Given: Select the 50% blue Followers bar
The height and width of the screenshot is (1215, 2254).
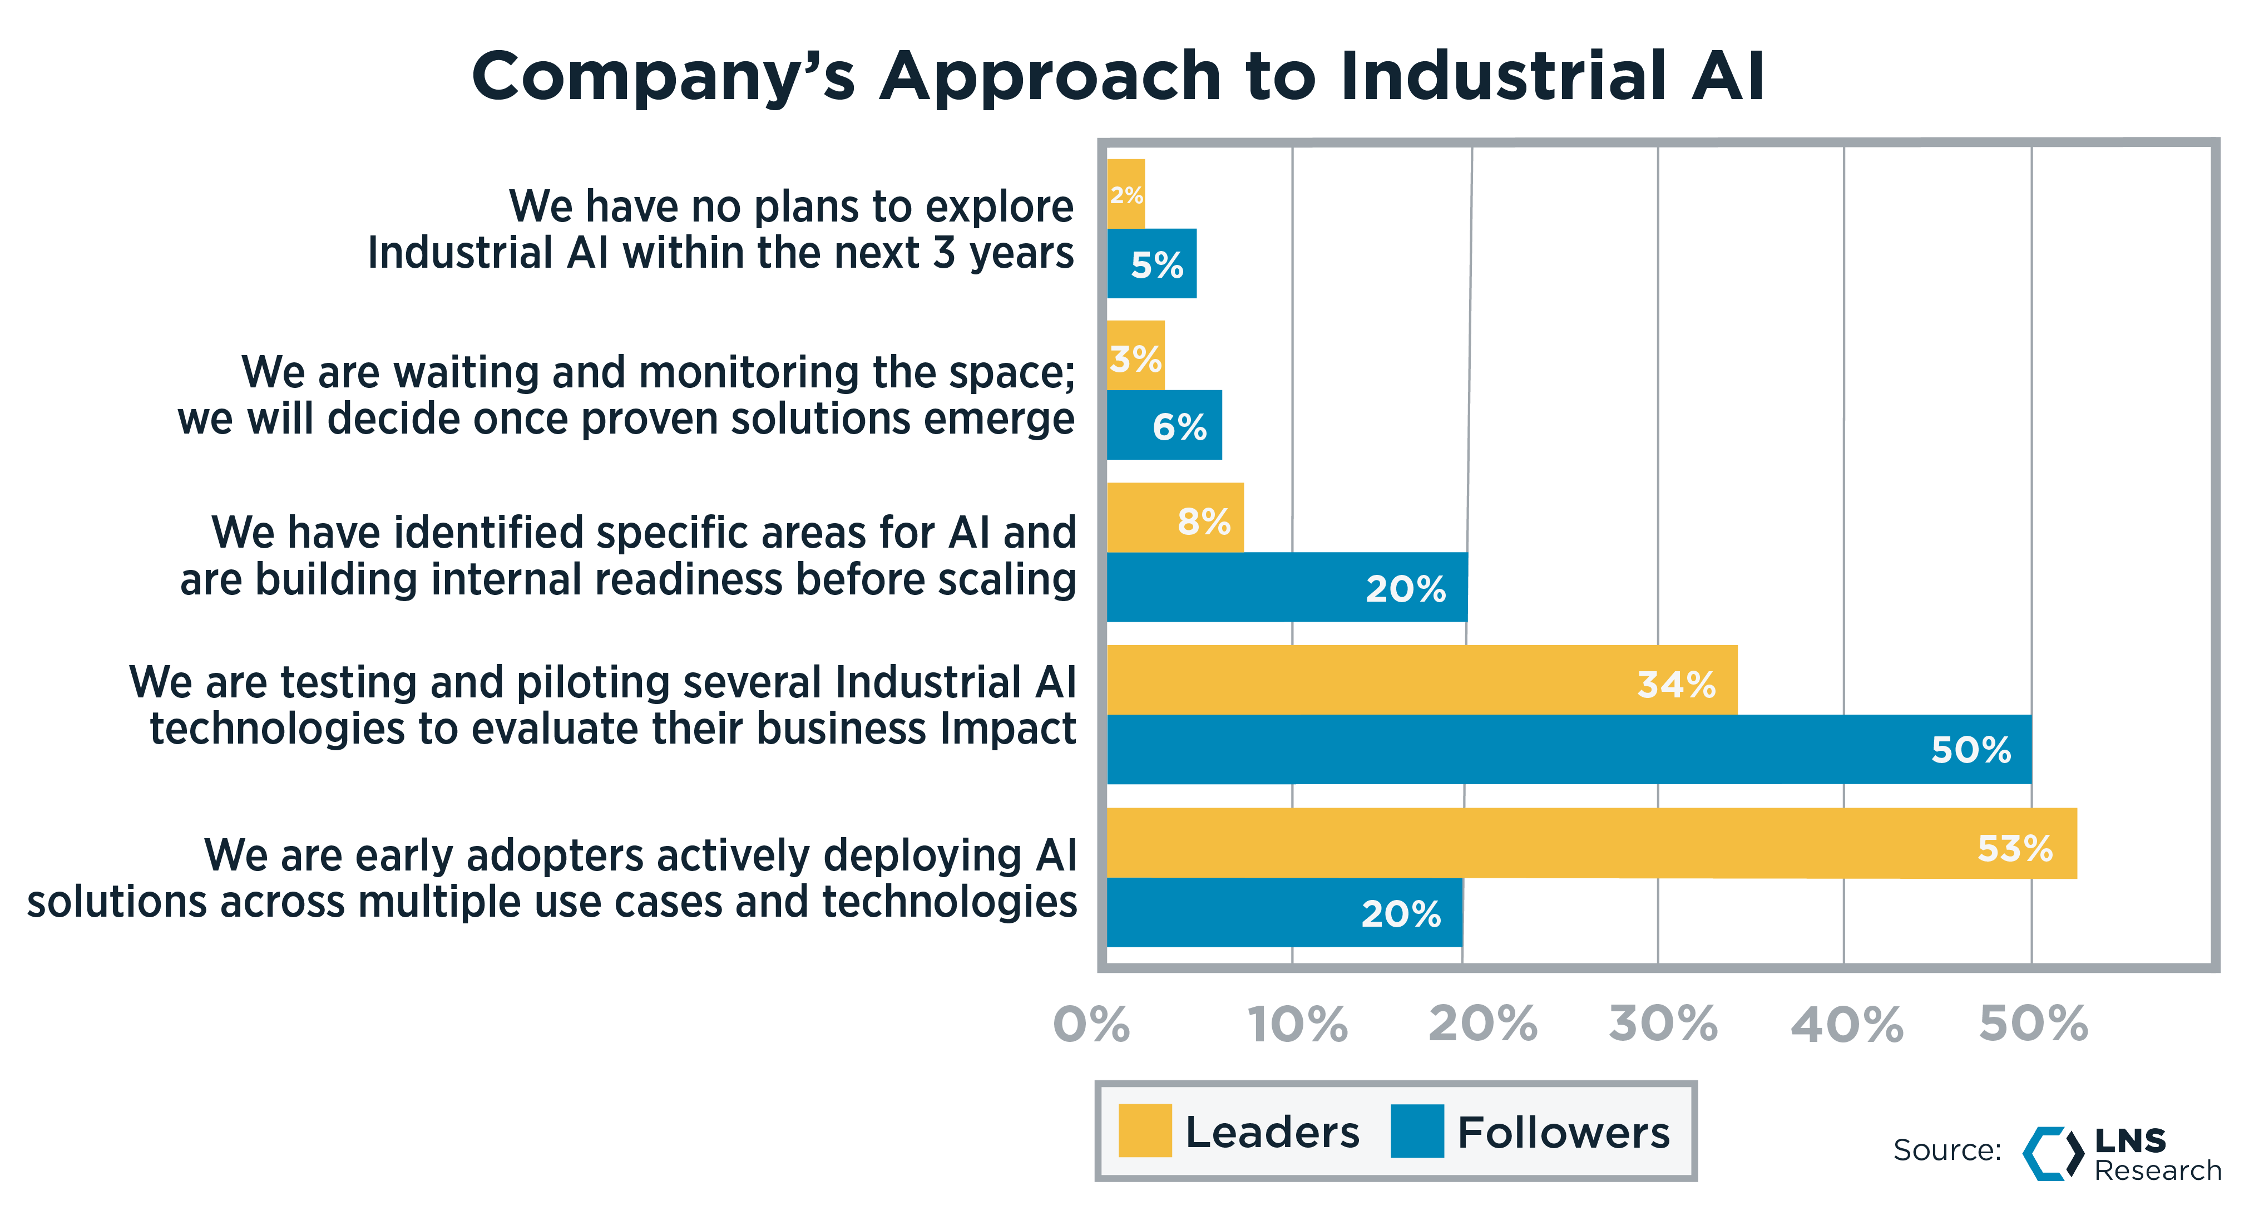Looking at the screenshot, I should pyautogui.click(x=1568, y=749).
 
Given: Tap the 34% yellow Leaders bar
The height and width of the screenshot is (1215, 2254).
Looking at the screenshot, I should pyautogui.click(x=1421, y=680).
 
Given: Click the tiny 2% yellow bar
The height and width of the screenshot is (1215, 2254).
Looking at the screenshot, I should pyautogui.click(x=1125, y=194).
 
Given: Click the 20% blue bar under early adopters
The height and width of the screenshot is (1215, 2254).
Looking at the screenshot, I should pyautogui.click(x=1284, y=912).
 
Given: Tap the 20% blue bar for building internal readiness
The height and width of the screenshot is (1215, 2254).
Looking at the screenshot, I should pyautogui.click(x=1286, y=587).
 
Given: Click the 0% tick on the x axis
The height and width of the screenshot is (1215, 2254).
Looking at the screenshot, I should pyautogui.click(x=1091, y=1024).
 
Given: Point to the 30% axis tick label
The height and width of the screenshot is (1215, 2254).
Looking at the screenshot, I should pyautogui.click(x=1663, y=1024).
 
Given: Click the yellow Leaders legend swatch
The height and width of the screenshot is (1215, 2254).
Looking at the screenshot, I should pyautogui.click(x=1144, y=1131).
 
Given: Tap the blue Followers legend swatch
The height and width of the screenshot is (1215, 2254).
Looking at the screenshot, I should pyautogui.click(x=1417, y=1131).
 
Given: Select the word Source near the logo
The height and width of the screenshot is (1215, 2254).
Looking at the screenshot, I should pyautogui.click(x=1946, y=1150).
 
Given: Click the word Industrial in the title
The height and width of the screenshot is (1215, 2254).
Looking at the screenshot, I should pyautogui.click(x=1501, y=76).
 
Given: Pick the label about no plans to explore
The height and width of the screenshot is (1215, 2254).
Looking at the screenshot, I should pyautogui.click(x=721, y=229).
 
